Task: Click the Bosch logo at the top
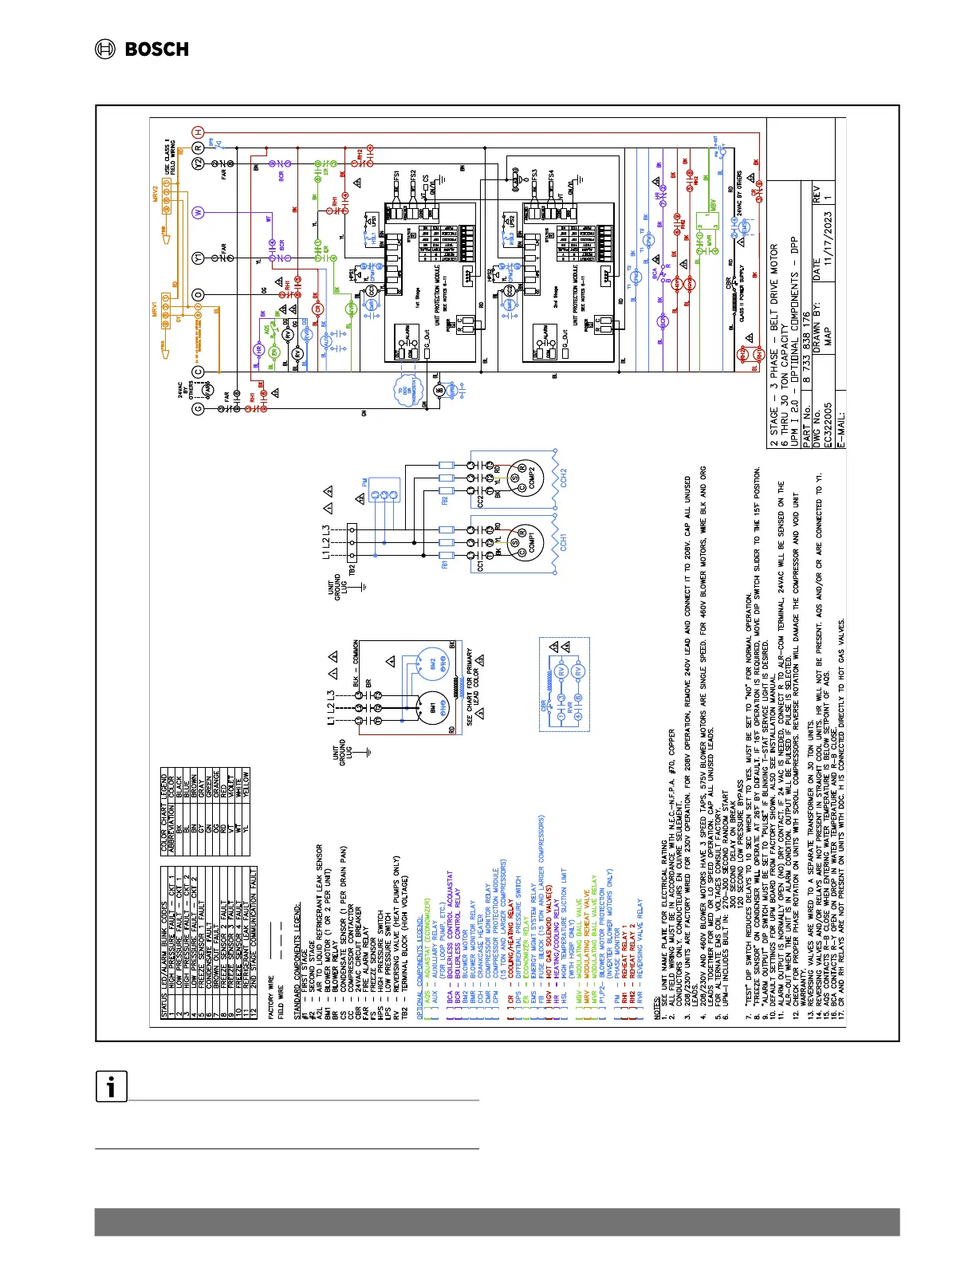[142, 49]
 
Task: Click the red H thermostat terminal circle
[199, 132]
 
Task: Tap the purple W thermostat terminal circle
[199, 212]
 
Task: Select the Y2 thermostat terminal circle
[199, 163]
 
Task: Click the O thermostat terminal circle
[199, 294]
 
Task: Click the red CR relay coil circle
[317, 309]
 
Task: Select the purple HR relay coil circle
[258, 349]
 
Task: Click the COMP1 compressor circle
[522, 540]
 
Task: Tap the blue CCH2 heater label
[563, 478]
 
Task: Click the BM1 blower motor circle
[431, 707]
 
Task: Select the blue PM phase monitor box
[384, 495]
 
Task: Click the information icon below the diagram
[112, 1086]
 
